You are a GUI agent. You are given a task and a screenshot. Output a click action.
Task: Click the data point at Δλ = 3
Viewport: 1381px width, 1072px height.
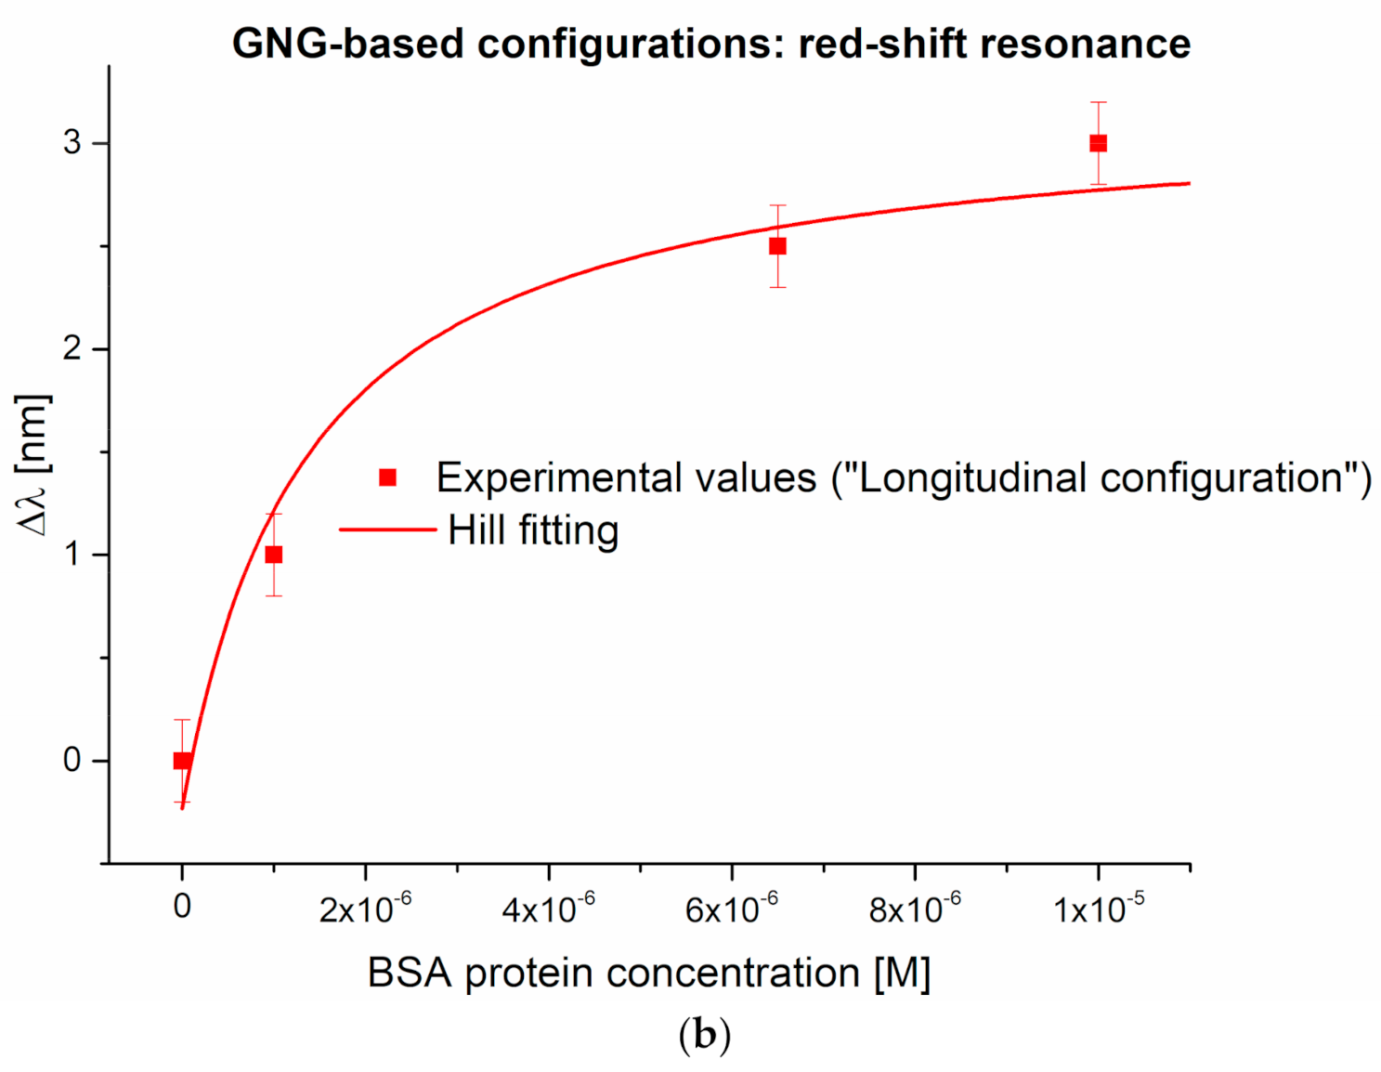click(x=1098, y=143)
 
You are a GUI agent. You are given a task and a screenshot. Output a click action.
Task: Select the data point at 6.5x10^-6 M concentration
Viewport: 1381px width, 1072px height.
click(x=777, y=246)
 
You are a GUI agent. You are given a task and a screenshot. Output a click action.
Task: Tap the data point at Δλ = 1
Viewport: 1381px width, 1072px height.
click(x=273, y=555)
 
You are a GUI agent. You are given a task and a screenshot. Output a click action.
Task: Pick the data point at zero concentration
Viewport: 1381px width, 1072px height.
click(x=182, y=761)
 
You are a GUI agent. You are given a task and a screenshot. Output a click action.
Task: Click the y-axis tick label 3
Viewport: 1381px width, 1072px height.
click(x=72, y=143)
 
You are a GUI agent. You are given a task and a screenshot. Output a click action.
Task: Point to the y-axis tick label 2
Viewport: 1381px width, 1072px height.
click(x=72, y=349)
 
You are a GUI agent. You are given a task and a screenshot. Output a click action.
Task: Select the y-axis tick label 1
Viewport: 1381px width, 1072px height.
click(x=72, y=555)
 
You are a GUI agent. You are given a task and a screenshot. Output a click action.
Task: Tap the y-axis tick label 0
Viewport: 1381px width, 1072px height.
click(x=72, y=761)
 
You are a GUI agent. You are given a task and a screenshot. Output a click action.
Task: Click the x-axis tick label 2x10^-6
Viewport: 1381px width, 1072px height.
click(x=365, y=908)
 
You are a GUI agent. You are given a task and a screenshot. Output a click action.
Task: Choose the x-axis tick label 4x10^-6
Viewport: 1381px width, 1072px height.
click(x=548, y=908)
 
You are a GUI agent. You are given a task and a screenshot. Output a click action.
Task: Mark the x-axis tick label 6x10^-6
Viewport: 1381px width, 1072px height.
click(x=731, y=908)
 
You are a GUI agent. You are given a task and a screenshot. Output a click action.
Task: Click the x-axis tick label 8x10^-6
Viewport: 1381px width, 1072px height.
click(x=914, y=908)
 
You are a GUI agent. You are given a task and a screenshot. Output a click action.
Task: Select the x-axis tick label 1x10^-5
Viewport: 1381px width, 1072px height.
click(x=1098, y=908)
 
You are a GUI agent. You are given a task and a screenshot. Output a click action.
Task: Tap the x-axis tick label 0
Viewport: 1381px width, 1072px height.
click(x=182, y=906)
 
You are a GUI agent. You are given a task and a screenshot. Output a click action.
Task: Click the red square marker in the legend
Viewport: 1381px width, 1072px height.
click(x=388, y=477)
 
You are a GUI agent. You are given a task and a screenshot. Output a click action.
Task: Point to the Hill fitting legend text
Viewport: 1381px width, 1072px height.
click(x=533, y=530)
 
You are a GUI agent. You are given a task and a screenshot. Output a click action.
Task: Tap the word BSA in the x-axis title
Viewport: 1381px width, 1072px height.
click(x=409, y=974)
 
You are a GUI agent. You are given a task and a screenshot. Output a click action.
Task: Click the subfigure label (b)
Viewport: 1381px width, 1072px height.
click(x=705, y=1034)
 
